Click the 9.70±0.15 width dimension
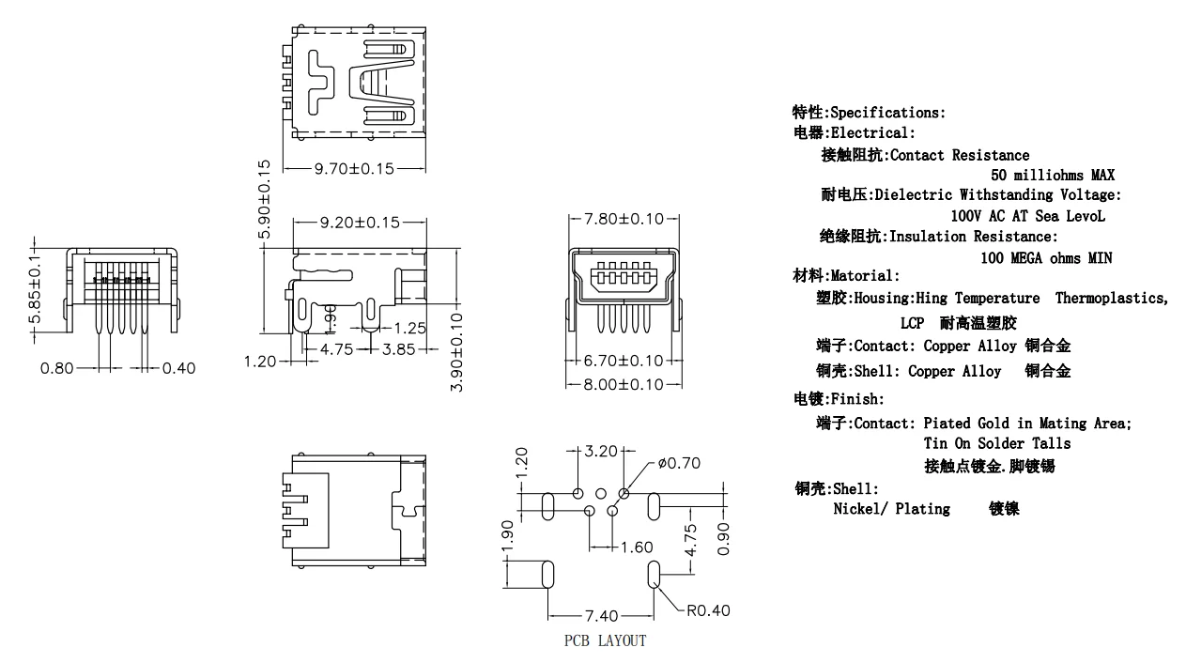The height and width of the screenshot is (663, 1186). click(354, 169)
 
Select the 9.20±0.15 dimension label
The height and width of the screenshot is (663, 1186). click(360, 223)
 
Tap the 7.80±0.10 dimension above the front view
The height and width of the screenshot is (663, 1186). click(624, 219)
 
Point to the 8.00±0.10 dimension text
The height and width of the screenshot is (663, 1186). click(624, 384)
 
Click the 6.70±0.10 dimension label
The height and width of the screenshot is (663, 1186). click(624, 361)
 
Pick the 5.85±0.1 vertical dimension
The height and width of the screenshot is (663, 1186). click(35, 289)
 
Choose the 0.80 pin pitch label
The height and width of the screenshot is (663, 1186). click(57, 368)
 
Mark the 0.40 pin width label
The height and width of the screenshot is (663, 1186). click(179, 368)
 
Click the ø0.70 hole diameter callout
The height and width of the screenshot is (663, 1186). click(679, 463)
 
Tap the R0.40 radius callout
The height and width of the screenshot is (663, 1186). click(708, 611)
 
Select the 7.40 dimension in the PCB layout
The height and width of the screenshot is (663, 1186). click(601, 616)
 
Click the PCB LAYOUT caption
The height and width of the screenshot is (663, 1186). click(605, 640)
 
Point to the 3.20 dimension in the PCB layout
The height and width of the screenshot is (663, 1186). click(601, 451)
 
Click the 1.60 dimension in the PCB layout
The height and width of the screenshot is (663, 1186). click(636, 547)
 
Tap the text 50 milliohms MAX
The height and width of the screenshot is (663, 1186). click(1053, 175)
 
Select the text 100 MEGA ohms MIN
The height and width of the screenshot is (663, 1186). click(1046, 258)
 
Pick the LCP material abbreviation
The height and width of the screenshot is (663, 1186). click(912, 323)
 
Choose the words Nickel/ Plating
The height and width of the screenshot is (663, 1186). click(892, 509)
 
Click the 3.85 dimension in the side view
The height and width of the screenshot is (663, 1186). click(399, 349)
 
